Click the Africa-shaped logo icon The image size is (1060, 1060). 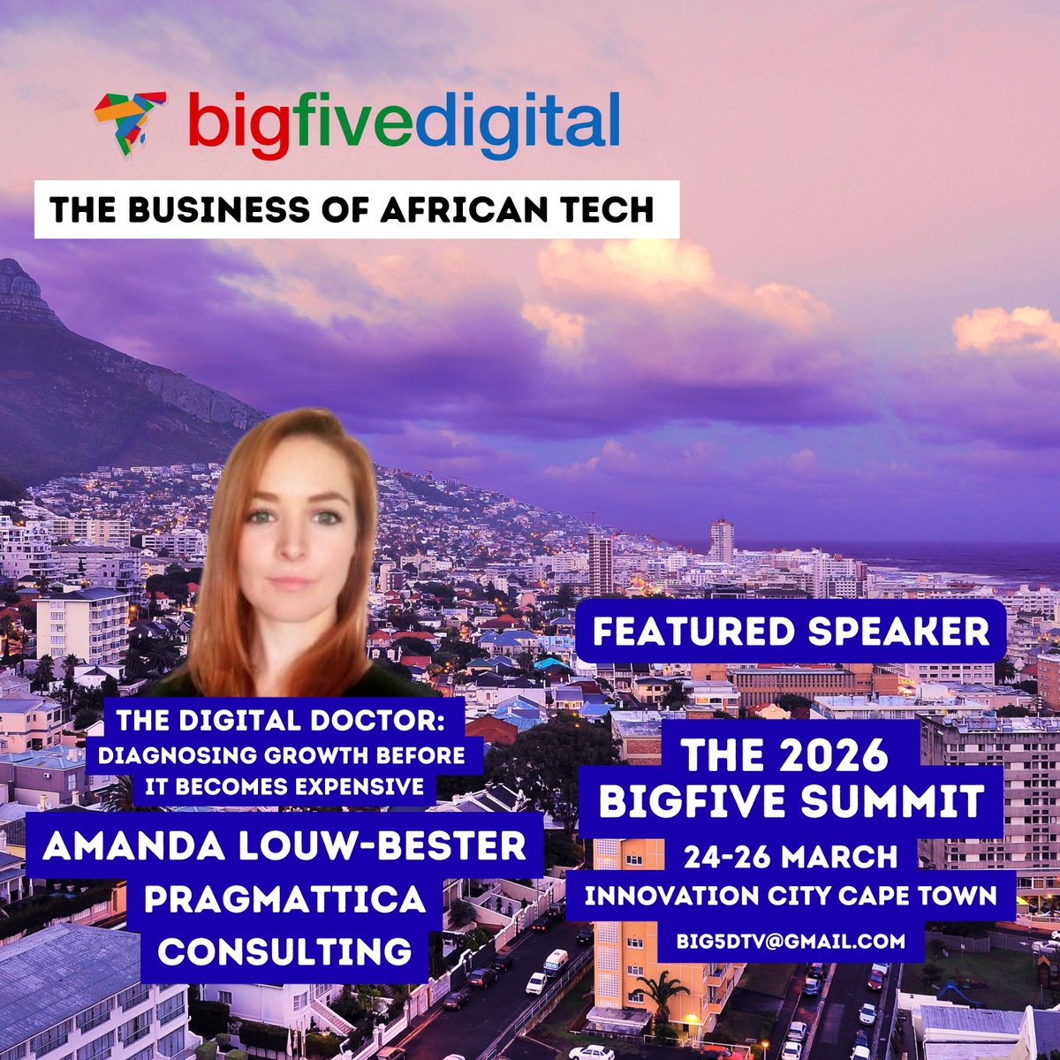coord(131,123)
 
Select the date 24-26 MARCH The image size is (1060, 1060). coord(790,856)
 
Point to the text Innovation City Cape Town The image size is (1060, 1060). coord(790,895)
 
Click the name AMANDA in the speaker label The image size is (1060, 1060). coord(110,848)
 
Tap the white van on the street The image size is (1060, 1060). coord(556,962)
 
